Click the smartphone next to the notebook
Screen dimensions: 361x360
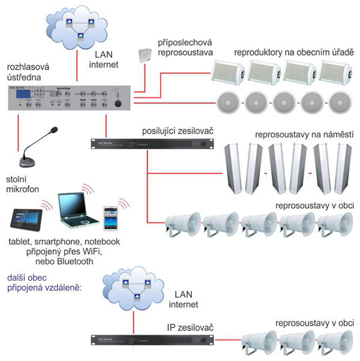pos(109,217)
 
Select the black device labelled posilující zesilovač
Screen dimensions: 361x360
pos(153,144)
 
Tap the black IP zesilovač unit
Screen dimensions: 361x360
pos(153,341)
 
